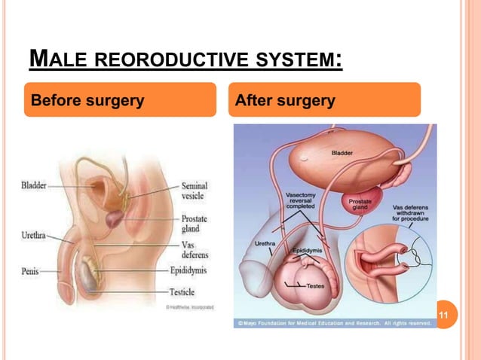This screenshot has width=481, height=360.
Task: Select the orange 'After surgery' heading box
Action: [x=324, y=100]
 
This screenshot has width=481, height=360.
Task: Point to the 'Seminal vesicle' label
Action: [x=195, y=191]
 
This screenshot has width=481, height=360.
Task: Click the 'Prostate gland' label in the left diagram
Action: [x=195, y=223]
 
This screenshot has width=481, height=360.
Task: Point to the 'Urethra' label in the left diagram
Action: [x=32, y=236]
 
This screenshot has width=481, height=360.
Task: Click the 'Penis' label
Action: [x=30, y=268]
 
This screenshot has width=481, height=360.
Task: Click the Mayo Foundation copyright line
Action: [x=334, y=322]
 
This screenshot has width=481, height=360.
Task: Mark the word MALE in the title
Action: [x=54, y=59]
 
